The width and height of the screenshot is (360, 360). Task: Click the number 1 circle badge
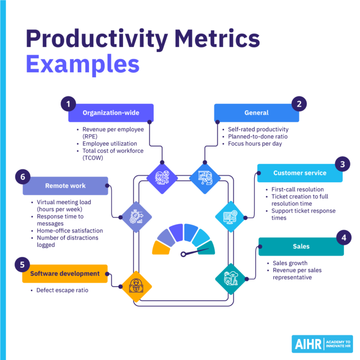[x=68, y=104]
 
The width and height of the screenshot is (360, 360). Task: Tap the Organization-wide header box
[x=111, y=112]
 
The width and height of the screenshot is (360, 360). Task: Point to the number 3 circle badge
[x=342, y=164]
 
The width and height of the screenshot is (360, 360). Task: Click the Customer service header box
[x=300, y=173]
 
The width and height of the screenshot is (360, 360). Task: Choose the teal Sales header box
[x=301, y=246]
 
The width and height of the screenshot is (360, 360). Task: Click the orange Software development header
[x=65, y=273]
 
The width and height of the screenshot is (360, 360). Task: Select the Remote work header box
[x=65, y=186]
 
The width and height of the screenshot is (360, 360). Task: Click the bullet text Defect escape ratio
[x=62, y=290]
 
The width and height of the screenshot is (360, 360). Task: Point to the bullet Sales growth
[x=290, y=263]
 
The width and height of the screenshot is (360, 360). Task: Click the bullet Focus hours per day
[x=255, y=143]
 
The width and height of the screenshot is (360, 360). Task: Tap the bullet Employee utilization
[x=110, y=143]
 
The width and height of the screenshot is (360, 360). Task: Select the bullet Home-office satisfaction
[x=70, y=231]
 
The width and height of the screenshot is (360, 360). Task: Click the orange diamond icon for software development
[x=136, y=286]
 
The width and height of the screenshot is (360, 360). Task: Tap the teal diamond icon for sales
[x=230, y=279]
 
